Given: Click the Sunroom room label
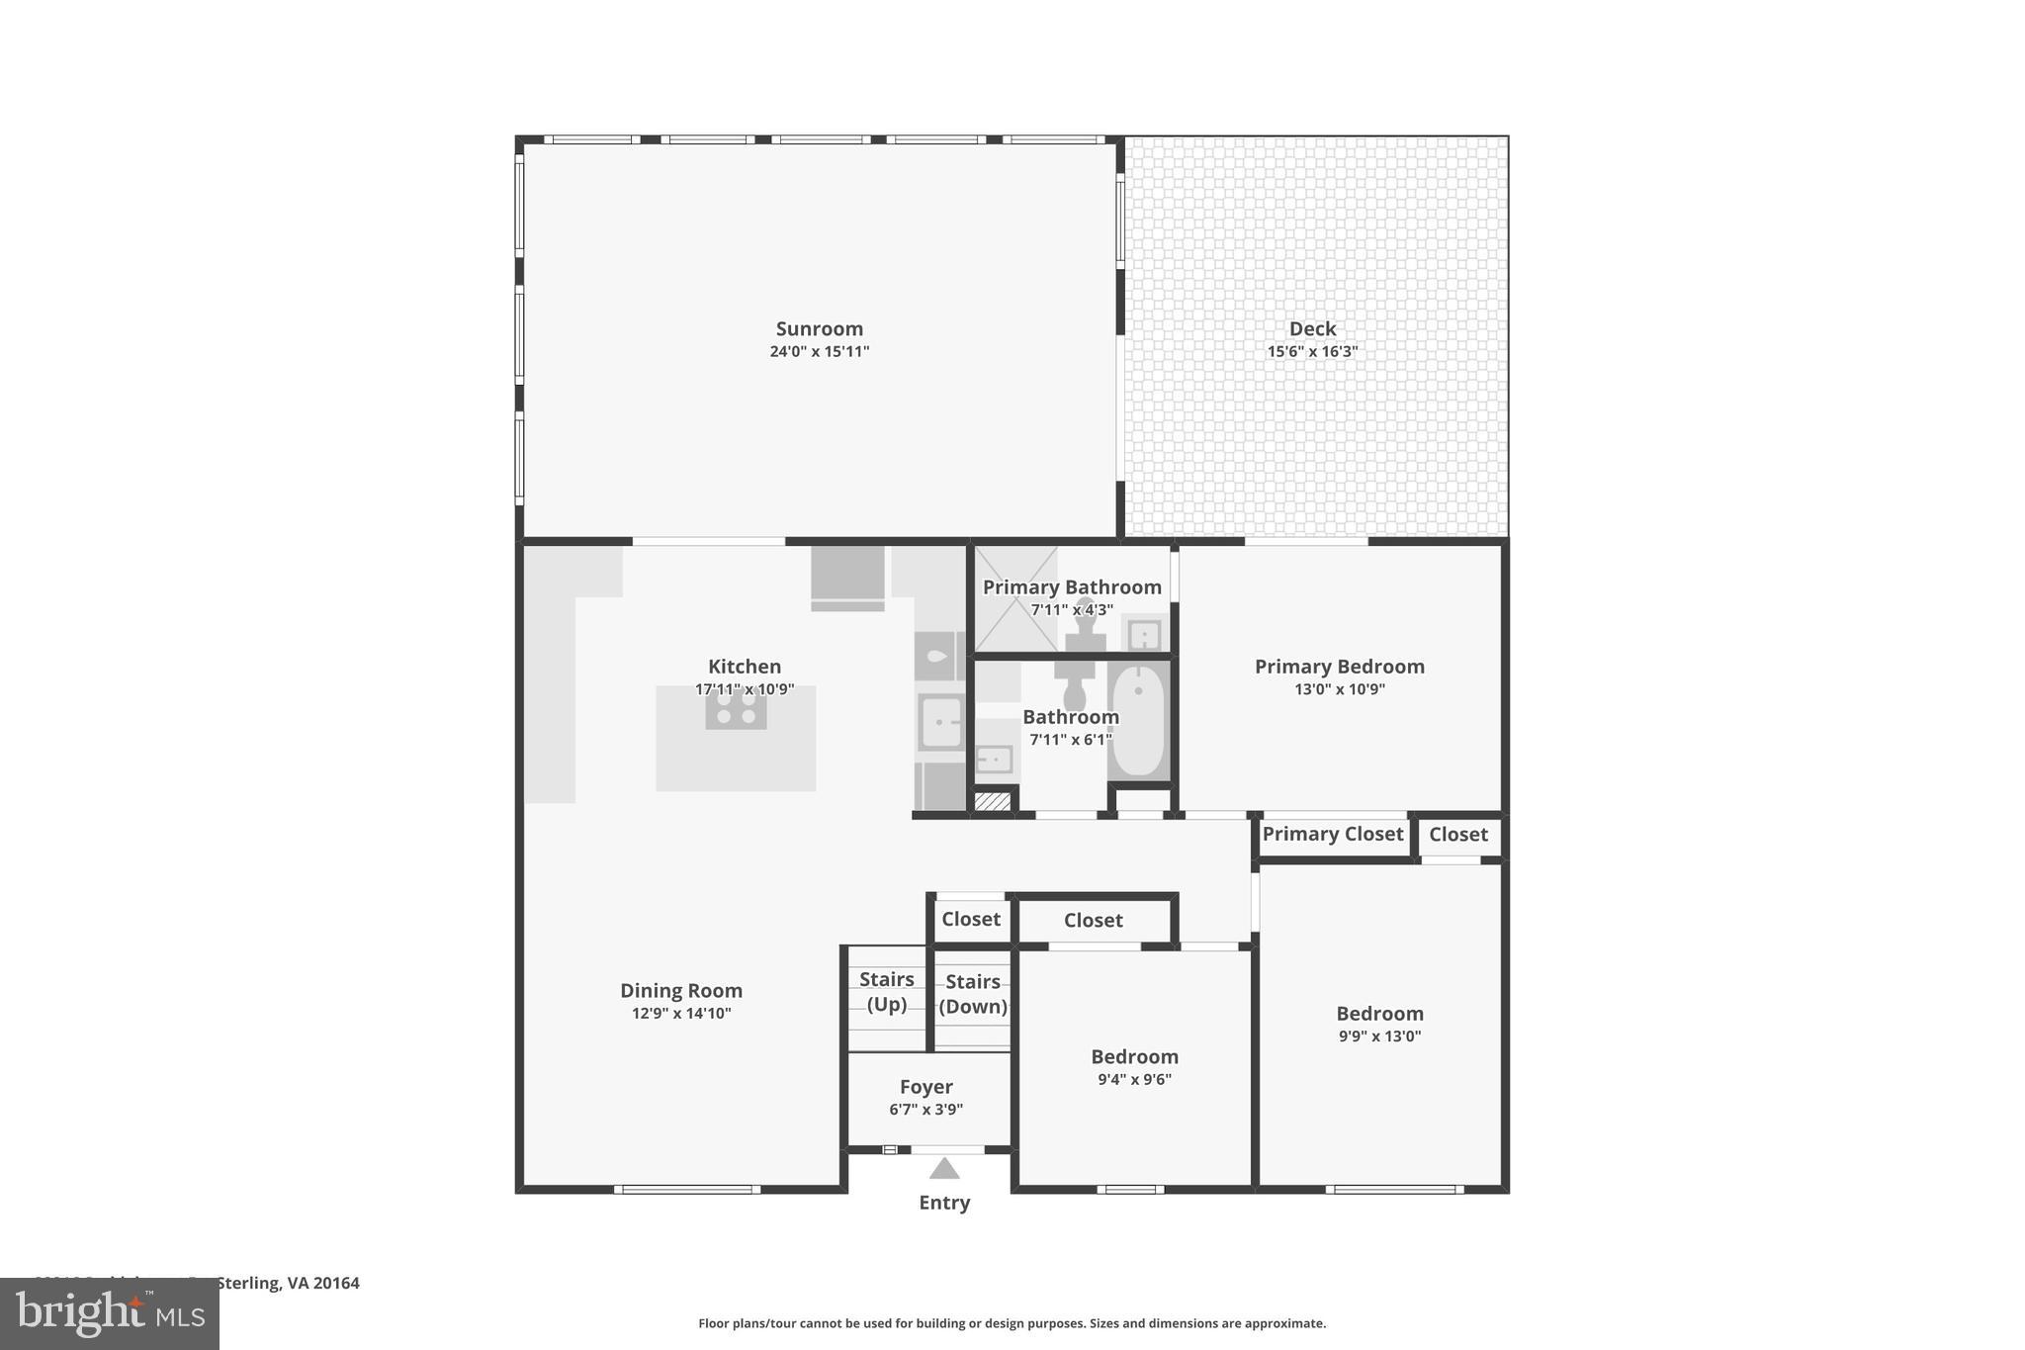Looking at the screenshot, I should point(819,328).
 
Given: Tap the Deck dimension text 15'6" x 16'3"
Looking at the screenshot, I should point(1312,352).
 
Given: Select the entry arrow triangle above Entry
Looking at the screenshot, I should point(944,1169).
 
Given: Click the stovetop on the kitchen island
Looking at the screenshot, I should point(736,708).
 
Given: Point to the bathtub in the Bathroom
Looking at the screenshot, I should point(1139,722).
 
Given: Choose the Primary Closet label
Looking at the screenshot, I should point(1332,834).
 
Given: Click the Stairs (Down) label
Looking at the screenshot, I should point(973,994).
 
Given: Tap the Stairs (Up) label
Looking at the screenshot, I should point(886,991).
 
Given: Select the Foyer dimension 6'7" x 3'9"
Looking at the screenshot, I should point(925,1110).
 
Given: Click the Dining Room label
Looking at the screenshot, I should point(680,990).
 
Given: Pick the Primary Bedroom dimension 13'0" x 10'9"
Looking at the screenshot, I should point(1339,689).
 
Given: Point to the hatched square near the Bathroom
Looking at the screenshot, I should point(993,801).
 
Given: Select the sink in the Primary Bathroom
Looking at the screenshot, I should point(1144,634).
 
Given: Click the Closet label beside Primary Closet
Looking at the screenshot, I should point(1457,834).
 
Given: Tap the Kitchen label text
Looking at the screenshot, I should point(744,667).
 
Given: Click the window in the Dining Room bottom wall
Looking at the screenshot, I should point(686,1189).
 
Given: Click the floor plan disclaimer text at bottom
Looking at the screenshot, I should point(1012,1323).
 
